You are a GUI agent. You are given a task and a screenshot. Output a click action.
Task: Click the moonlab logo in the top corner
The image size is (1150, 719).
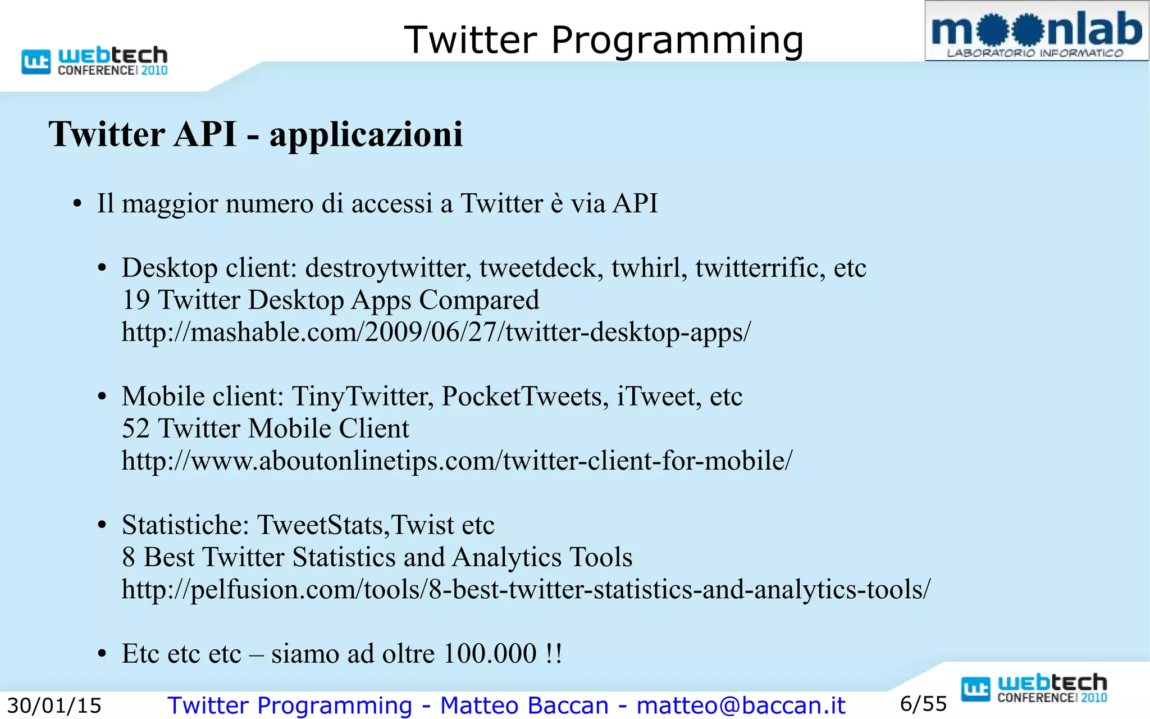[x=1036, y=31]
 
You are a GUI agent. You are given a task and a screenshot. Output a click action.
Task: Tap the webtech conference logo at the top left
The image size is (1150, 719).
[x=94, y=61]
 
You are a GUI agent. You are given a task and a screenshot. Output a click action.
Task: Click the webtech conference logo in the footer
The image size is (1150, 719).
[x=1034, y=689]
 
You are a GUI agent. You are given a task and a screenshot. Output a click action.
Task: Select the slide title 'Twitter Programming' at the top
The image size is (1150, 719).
[x=604, y=40]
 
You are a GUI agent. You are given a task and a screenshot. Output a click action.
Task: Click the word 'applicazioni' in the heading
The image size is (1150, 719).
[x=366, y=135]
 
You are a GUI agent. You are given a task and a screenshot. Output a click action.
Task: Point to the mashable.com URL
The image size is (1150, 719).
[x=436, y=332]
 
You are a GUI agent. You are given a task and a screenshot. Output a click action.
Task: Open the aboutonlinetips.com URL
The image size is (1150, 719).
[x=457, y=461]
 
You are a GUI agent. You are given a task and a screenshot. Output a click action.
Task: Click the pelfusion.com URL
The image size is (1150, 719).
[x=526, y=589]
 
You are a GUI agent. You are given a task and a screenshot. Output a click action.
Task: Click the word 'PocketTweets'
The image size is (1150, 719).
[x=524, y=397]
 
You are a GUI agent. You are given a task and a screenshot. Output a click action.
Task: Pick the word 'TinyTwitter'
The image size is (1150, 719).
[x=362, y=397]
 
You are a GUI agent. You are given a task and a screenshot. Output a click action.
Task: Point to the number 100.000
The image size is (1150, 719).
[x=490, y=654]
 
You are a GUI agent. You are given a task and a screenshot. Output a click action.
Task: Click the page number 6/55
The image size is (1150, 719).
[x=923, y=704]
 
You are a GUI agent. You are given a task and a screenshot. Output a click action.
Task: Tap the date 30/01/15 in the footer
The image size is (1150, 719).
[x=54, y=706]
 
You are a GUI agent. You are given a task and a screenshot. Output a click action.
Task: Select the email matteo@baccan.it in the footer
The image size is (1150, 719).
[x=741, y=706]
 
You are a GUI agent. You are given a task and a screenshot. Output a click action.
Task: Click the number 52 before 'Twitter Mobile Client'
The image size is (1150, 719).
[x=135, y=429]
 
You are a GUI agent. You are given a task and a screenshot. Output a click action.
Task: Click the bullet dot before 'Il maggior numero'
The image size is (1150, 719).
[x=77, y=204]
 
